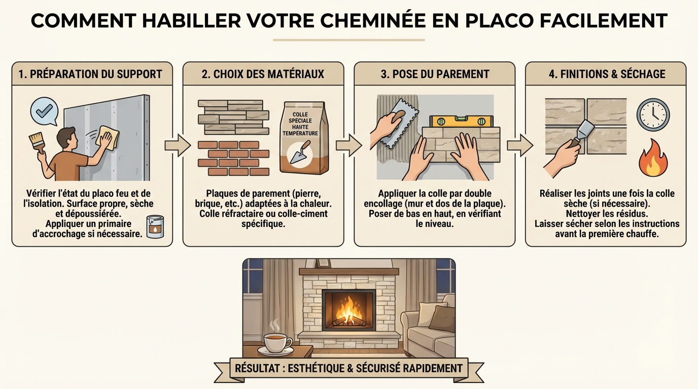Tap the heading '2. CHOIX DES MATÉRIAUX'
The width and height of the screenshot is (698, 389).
pyautogui.click(x=263, y=74)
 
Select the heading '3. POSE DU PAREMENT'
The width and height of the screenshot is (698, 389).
pyautogui.click(x=435, y=74)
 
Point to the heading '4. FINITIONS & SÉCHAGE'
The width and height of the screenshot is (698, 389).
pyautogui.click(x=607, y=74)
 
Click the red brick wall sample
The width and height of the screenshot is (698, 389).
pyautogui.click(x=233, y=158)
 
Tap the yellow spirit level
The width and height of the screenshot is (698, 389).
pyautogui.click(x=462, y=121)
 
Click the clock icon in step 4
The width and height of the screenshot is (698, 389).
pyautogui.click(x=653, y=115)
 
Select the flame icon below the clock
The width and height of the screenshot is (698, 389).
pyautogui.click(x=653, y=158)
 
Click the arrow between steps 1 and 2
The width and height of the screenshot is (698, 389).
pyautogui.click(x=177, y=146)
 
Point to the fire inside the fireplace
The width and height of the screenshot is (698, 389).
pyautogui.click(x=349, y=309)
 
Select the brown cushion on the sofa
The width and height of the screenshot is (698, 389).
pyautogui.click(x=443, y=318)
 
